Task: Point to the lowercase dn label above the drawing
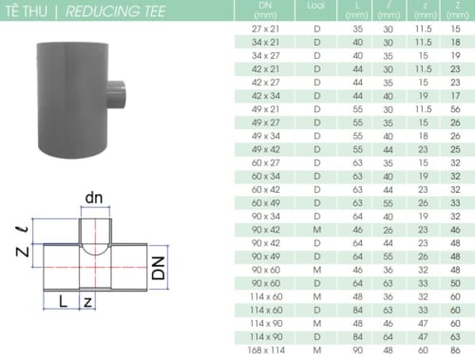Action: [x=94, y=197]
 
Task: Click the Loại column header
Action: [x=315, y=6]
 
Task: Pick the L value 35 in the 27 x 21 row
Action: [x=358, y=30]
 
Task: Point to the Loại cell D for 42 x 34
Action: [x=315, y=96]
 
